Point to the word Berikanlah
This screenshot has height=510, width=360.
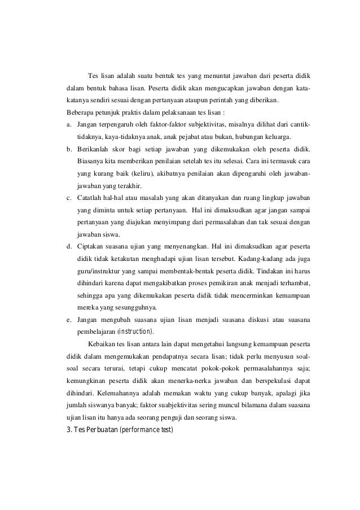pyautogui.click(x=96, y=149)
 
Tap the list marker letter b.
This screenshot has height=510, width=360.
pyautogui.click(x=68, y=149)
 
